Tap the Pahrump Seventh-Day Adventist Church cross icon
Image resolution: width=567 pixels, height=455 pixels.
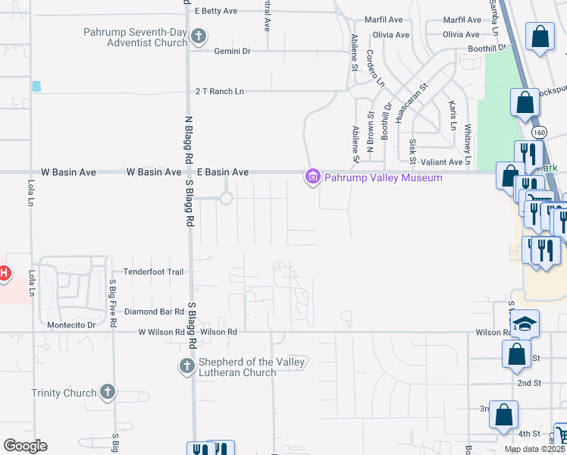pyautogui.click(x=199, y=36)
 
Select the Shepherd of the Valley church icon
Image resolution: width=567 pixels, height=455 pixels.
pyautogui.click(x=186, y=367)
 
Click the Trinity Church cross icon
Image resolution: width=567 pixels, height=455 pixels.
pyautogui.click(x=108, y=392)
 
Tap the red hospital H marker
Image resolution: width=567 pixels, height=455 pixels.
pyautogui.click(x=3, y=273)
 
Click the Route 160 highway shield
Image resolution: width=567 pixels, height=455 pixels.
pyautogui.click(x=539, y=131)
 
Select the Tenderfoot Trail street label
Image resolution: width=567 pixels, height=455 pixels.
pyautogui.click(x=155, y=271)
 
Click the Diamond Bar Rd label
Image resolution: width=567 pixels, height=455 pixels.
pyautogui.click(x=155, y=312)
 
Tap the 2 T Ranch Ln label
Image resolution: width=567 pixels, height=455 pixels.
pyautogui.click(x=220, y=91)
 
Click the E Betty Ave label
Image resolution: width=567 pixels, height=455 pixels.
pyautogui.click(x=217, y=11)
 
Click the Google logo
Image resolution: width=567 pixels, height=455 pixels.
pyautogui.click(x=25, y=446)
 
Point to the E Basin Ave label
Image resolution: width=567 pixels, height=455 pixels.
pyautogui.click(x=223, y=172)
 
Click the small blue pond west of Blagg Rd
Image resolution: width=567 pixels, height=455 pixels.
pyautogui.click(x=36, y=86)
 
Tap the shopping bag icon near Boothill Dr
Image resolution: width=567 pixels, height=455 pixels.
pyautogui.click(x=540, y=36)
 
